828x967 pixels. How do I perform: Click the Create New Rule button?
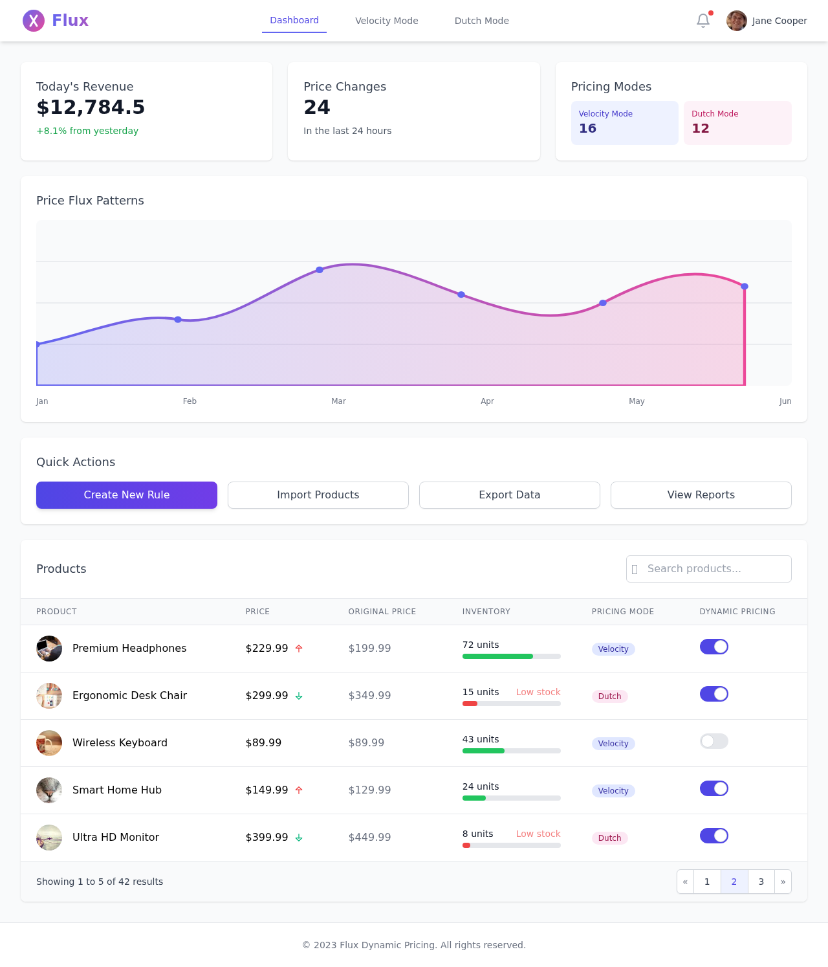(x=127, y=495)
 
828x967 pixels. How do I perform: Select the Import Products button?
(x=318, y=495)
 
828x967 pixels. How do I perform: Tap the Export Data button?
(x=510, y=495)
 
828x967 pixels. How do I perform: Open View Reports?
(x=701, y=495)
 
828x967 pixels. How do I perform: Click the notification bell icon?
(x=703, y=21)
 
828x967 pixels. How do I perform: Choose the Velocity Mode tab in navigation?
(x=387, y=21)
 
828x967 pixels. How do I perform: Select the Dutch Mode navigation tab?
(x=482, y=21)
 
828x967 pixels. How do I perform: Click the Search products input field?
(x=709, y=569)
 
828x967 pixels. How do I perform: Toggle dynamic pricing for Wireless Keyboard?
(x=714, y=741)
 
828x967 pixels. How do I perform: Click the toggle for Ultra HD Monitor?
(x=714, y=836)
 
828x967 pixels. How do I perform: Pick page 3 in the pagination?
(x=761, y=882)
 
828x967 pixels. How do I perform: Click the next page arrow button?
(x=783, y=882)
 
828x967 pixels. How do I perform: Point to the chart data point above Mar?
(x=320, y=269)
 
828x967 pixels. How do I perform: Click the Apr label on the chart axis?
(x=487, y=401)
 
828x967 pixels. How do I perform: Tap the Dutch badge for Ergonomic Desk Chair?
(x=609, y=696)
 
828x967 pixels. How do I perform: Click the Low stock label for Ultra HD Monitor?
(x=538, y=834)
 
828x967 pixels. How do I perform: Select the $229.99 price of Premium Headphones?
(x=267, y=649)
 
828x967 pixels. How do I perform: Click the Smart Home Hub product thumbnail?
(x=49, y=790)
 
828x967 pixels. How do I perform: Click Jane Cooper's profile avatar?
(x=737, y=21)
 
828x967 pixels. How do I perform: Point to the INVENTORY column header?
(x=486, y=612)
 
